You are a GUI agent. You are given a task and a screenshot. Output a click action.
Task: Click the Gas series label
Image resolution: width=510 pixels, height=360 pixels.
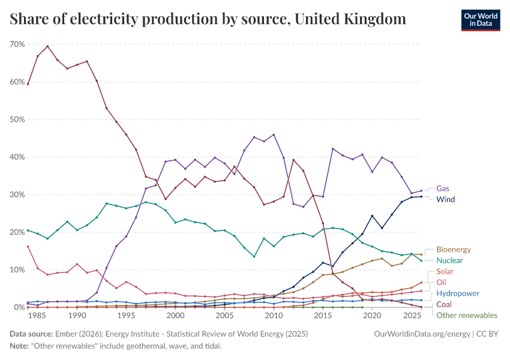pos(443,188)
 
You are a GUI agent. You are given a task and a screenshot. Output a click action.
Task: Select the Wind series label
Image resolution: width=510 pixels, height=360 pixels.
pos(445,199)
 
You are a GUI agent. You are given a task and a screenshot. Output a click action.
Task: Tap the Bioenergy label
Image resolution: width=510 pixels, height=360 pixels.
pos(454,249)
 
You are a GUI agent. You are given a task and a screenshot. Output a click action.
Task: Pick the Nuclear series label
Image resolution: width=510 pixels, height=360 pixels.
pos(449,260)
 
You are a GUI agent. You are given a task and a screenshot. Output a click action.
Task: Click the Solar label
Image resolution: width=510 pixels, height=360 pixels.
pos(445,272)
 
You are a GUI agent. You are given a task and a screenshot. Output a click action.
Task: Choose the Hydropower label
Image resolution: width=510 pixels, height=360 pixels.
pos(457,293)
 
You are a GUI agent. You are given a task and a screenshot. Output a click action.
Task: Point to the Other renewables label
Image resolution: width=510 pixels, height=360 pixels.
pos(466,315)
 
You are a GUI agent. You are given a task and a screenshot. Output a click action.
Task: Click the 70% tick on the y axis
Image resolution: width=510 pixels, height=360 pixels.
pos(17,44)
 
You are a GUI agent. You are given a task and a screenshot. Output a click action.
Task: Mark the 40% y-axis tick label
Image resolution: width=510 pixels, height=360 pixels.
pos(17,157)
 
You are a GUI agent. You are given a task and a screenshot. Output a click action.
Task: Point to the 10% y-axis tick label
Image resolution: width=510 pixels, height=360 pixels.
pos(17,270)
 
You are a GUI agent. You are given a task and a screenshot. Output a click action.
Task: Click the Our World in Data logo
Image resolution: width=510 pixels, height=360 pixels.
pos(480,19)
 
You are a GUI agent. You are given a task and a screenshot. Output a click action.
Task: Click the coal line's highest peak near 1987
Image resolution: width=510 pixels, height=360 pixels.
pos(47,46)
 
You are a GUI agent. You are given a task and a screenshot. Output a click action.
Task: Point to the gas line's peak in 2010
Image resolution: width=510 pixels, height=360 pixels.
pos(274,134)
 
